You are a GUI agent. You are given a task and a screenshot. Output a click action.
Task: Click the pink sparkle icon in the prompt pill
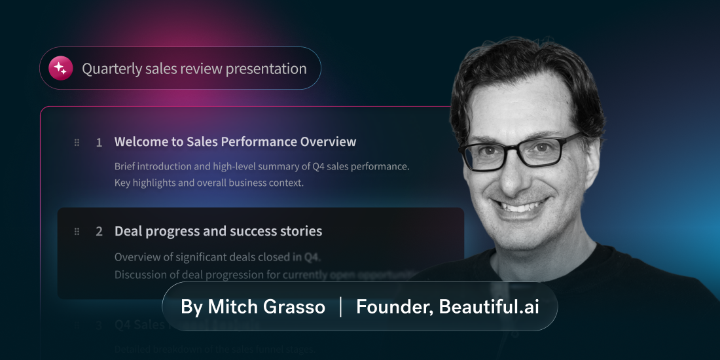click(60, 68)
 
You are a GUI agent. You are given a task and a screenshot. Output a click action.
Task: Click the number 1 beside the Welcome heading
click(99, 142)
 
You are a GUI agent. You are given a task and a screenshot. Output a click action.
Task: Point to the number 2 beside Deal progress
click(99, 231)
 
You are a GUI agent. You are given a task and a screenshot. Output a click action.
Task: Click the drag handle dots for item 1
click(77, 142)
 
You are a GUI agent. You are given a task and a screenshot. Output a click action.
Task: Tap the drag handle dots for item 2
click(77, 231)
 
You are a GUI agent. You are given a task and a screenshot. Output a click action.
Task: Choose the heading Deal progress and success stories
click(218, 231)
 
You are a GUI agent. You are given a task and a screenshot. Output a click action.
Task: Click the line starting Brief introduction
click(261, 166)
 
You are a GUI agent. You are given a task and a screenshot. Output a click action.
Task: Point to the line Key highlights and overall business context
click(209, 183)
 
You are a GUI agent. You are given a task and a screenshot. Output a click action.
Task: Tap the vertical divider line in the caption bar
click(341, 307)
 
